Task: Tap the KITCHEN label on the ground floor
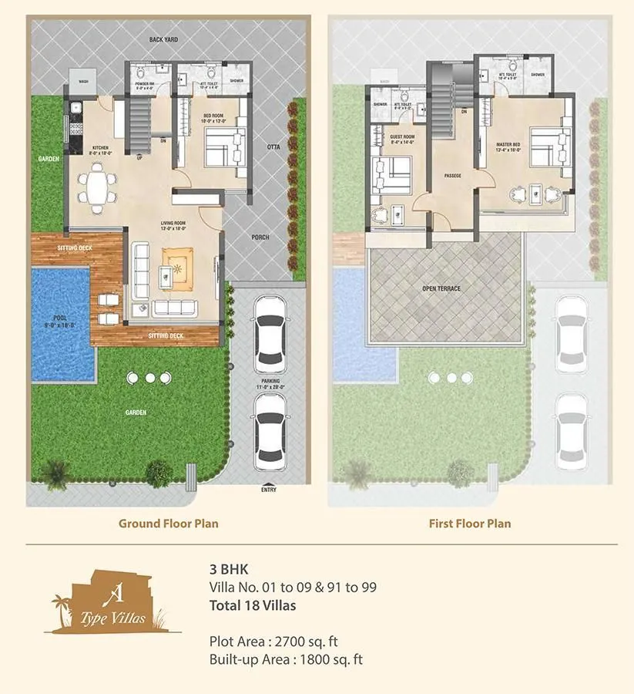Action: point(100,147)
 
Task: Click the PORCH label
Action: point(260,237)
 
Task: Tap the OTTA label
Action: point(273,146)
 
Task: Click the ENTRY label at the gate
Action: point(269,490)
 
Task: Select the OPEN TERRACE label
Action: point(441,288)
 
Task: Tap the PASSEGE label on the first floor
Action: point(452,176)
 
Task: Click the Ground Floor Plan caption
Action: point(168,523)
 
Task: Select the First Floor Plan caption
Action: point(469,523)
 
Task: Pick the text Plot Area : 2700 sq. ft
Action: point(273,641)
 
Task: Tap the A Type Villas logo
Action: point(110,601)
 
